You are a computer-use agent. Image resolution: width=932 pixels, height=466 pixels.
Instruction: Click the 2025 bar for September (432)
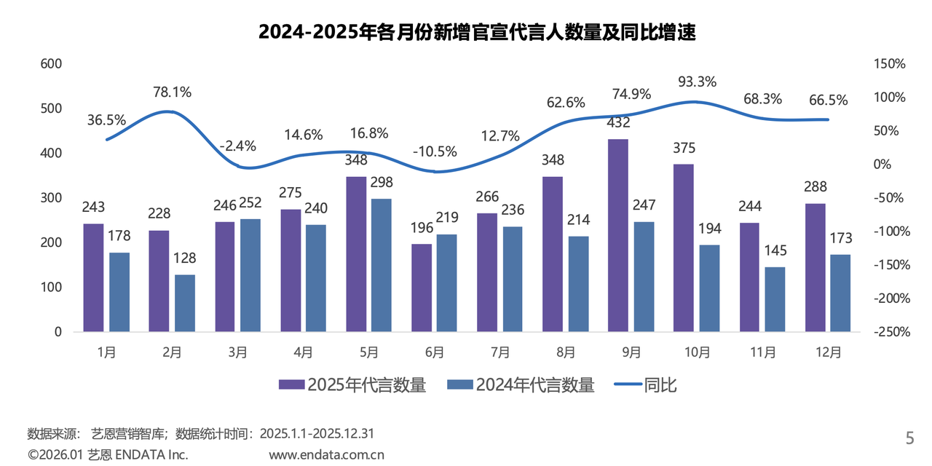617,235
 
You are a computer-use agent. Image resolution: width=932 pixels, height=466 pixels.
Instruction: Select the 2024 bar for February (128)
185,303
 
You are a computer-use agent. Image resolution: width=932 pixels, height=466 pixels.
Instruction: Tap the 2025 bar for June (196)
421,288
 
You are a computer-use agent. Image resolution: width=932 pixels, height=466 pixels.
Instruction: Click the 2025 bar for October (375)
683,248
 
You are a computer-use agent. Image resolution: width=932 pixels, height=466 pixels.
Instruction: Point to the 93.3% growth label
697,81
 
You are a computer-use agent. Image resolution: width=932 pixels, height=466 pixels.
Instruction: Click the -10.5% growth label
435,151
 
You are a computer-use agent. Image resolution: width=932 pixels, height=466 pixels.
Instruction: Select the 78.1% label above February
173,92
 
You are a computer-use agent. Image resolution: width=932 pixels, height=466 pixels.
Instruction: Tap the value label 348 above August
552,159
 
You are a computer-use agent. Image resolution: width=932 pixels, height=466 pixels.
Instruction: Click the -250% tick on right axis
888,332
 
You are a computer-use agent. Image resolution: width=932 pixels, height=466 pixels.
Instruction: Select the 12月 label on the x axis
829,352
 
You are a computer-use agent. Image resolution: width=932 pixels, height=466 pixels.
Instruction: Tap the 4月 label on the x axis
304,352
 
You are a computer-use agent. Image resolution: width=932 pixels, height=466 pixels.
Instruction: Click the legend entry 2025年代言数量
352,385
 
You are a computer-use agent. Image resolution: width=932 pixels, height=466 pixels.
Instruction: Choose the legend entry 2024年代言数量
521,385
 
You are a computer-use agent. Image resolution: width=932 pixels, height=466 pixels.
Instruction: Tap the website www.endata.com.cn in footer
326,455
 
